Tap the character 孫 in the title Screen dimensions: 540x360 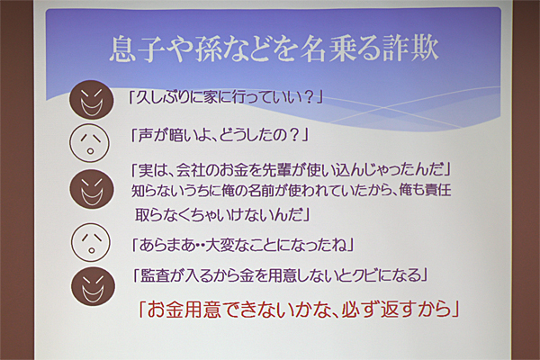(211, 49)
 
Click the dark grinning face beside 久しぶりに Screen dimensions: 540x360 (91, 100)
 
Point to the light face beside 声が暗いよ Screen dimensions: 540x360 (89, 143)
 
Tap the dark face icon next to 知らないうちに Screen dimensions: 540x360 (91, 190)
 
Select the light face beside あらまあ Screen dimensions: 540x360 (91, 242)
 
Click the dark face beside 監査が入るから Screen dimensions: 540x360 (93, 286)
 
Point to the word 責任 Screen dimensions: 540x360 (438, 190)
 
